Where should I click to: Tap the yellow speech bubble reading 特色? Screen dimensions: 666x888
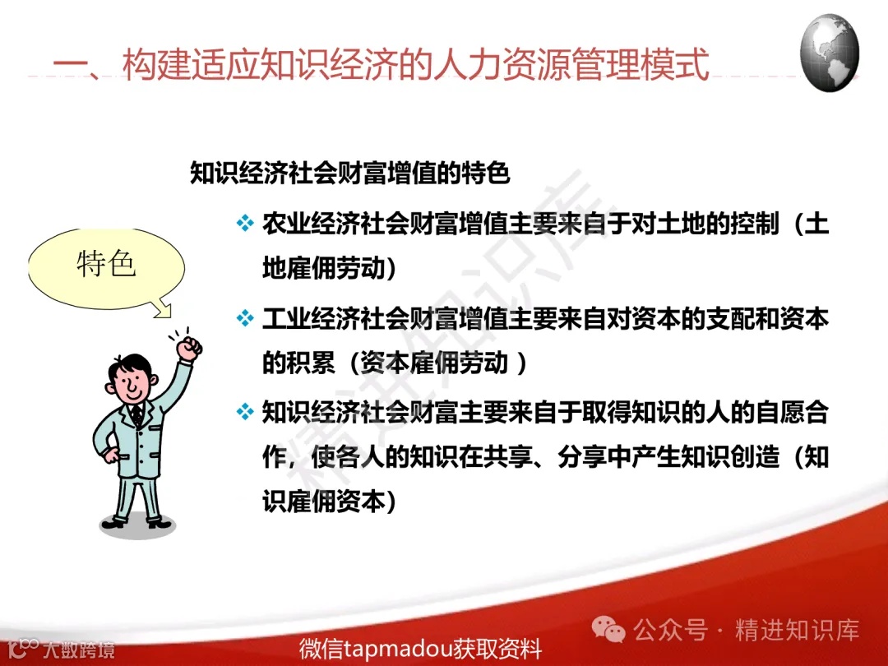[105, 265]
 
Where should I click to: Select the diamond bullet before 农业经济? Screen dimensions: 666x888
[245, 224]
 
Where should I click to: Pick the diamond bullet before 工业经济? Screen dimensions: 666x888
[245, 317]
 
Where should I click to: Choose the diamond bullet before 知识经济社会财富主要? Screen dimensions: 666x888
[245, 411]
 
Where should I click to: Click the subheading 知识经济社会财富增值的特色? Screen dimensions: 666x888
[350, 174]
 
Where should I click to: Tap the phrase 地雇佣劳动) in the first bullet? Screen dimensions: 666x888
[329, 269]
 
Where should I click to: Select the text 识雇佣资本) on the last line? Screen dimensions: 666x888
[329, 502]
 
